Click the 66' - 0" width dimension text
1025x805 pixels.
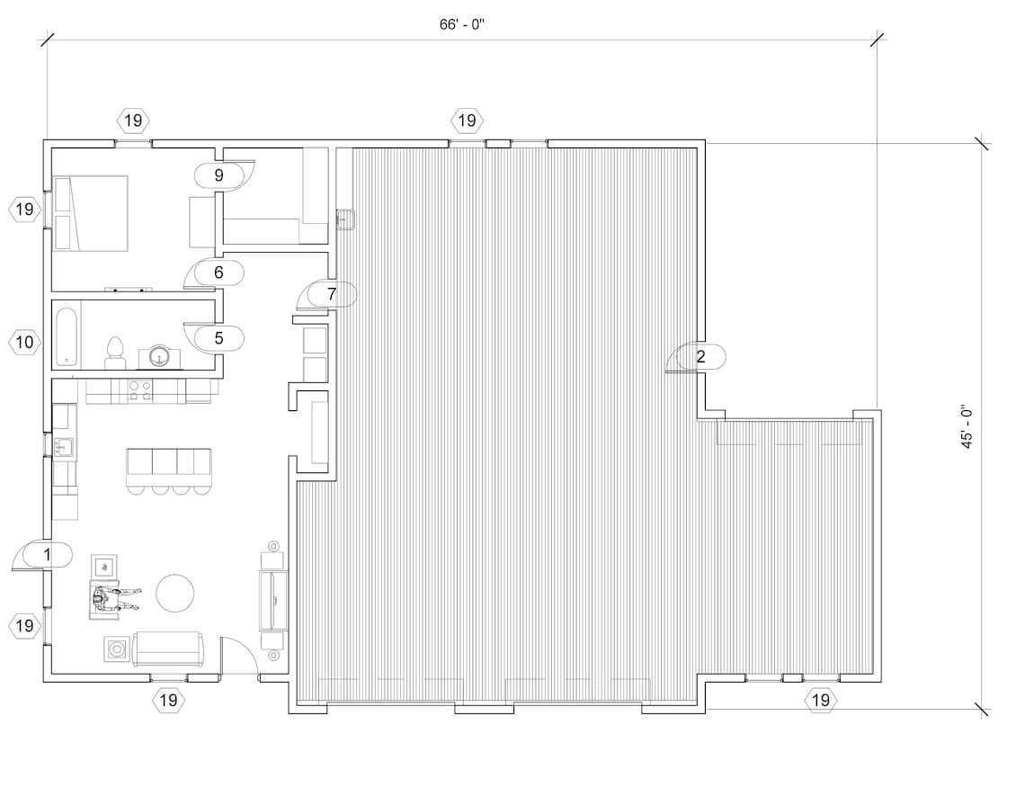(462, 24)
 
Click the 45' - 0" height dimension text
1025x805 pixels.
(966, 426)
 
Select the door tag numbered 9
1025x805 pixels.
(218, 174)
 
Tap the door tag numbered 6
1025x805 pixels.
(218, 271)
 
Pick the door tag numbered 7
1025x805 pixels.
(331, 293)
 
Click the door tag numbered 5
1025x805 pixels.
(218, 338)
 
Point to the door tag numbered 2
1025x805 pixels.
(701, 357)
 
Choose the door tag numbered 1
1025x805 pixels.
(47, 555)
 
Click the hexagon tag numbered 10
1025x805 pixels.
(25, 342)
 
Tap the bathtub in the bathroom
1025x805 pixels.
(67, 337)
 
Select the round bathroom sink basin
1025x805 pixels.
(160, 357)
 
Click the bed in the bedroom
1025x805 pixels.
(92, 212)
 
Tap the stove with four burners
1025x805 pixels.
(139, 390)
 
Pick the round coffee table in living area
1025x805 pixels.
(174, 593)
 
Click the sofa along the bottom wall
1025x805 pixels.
(168, 648)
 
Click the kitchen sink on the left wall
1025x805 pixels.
(63, 445)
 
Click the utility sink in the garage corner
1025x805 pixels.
(345, 218)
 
